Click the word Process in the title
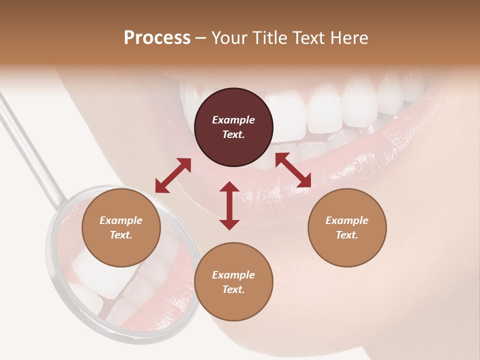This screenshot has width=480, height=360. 157,38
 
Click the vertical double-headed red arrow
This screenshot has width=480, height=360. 229,205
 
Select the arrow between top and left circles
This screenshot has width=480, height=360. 173,175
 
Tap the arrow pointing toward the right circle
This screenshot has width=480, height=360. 293,170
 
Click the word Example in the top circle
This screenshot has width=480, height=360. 233,120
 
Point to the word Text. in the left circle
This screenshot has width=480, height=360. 121,235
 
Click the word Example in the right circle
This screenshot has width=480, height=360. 347,220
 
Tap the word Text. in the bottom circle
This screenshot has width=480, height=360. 233,289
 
